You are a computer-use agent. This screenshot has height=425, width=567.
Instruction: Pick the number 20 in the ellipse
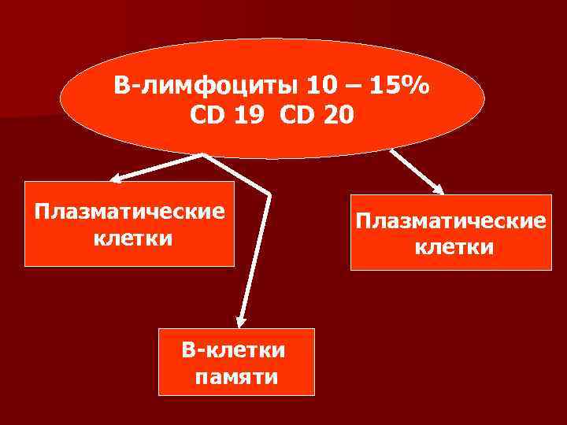coord(336,116)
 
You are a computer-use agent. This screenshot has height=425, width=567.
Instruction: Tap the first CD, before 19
coord(208,116)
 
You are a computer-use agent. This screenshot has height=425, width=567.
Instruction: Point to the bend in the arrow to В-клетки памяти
coord(269,193)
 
